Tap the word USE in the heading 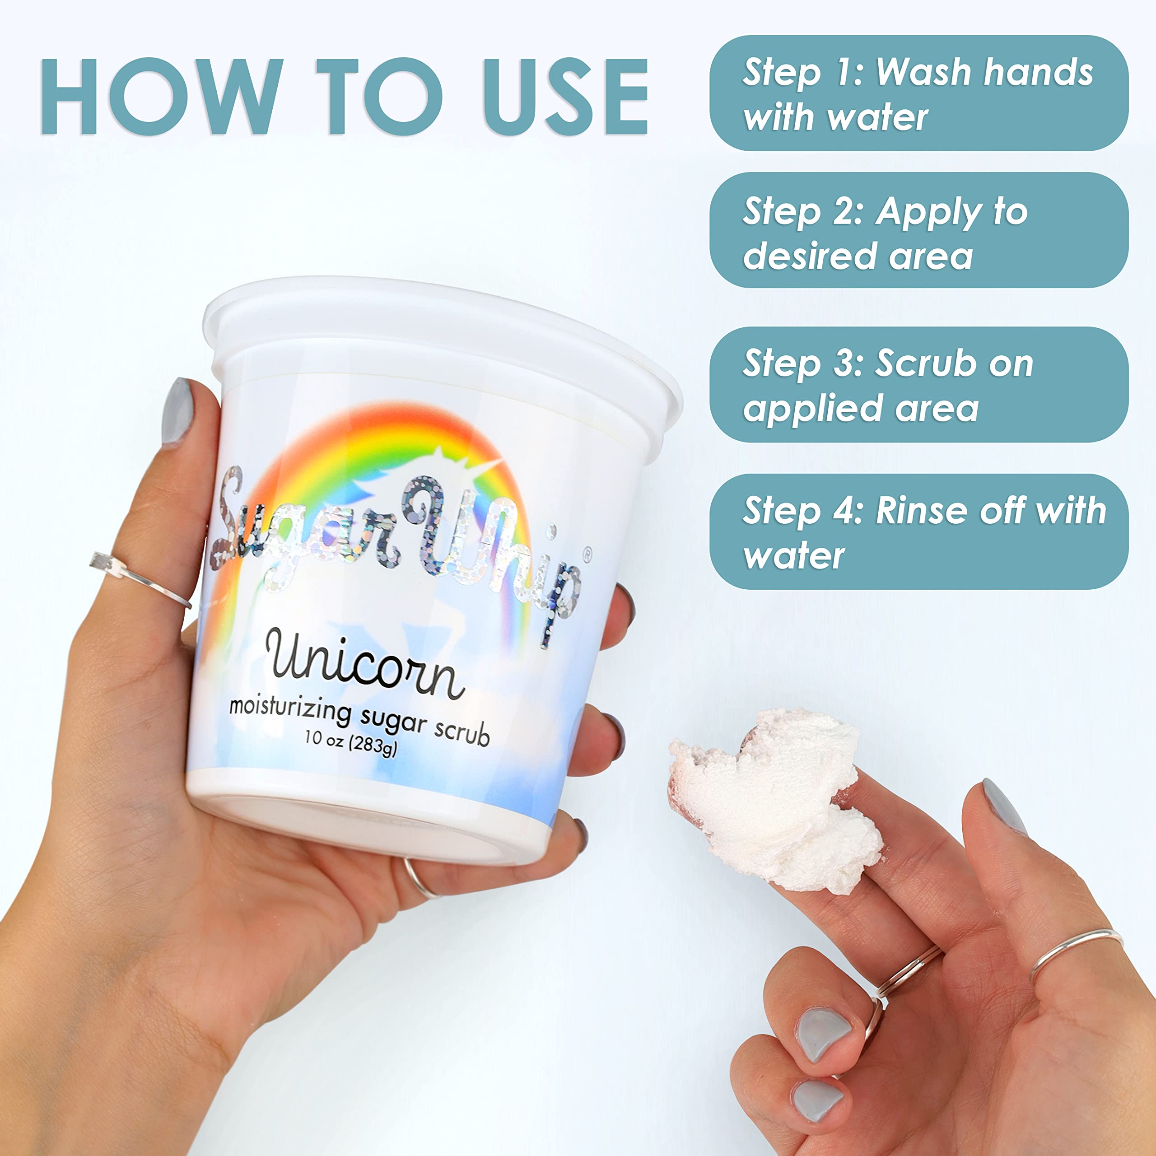click(x=565, y=97)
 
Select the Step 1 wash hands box click(x=918, y=93)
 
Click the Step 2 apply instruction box click(x=918, y=231)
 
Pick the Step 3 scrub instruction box click(x=918, y=385)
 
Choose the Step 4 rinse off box click(x=918, y=532)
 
